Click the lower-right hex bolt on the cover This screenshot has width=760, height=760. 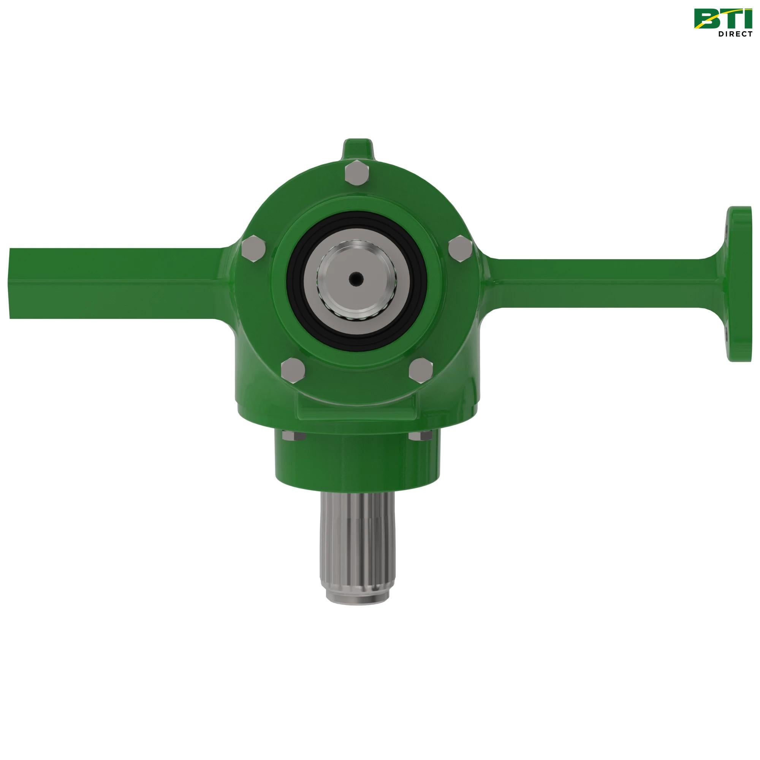(x=421, y=370)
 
